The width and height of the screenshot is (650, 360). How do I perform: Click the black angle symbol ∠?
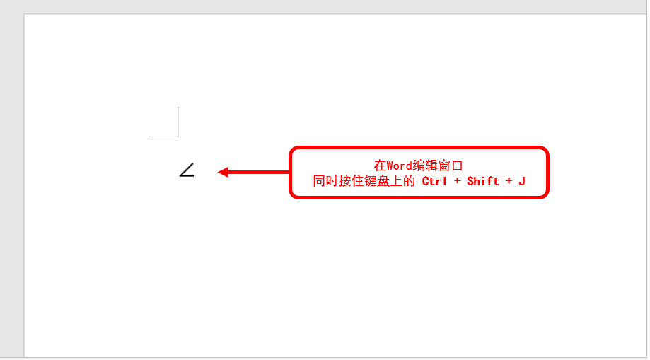tap(187, 170)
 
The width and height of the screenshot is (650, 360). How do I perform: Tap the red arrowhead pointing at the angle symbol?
tap(223, 172)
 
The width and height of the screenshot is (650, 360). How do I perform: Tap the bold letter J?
tap(522, 181)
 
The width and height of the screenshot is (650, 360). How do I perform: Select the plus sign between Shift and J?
tap(509, 181)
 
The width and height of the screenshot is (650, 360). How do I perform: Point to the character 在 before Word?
tap(381, 166)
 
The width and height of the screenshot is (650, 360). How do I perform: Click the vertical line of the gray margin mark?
tap(178, 120)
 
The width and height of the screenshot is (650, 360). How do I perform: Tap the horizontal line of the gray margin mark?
tap(163, 136)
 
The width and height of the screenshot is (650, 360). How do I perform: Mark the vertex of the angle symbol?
tap(180, 175)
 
